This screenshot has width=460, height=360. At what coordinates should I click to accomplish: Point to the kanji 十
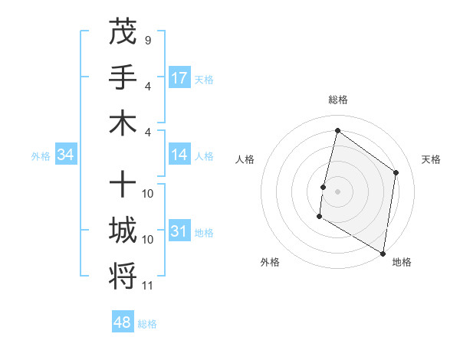coord(123,185)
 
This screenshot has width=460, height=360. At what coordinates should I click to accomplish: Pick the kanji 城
coord(123,231)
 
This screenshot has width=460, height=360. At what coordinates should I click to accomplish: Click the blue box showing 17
coord(179,78)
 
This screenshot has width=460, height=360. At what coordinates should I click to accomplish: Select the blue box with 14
coord(179,155)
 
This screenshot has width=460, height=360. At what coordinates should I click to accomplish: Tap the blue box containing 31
coord(179,231)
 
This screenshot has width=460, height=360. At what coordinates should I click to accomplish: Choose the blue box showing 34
coord(66,155)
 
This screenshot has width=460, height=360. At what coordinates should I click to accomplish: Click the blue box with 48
coord(123,322)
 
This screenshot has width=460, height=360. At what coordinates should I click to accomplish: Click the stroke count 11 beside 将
coord(148,286)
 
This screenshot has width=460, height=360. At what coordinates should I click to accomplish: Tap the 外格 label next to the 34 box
coord(41,155)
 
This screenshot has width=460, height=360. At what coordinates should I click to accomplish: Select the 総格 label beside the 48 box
coord(147,324)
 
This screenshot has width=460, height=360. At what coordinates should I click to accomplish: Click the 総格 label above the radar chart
coord(337,100)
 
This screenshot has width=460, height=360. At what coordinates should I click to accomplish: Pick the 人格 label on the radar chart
coord(245,159)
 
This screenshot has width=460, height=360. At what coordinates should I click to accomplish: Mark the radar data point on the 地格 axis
coord(383,253)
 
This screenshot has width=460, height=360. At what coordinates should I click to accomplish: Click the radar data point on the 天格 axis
coord(396,172)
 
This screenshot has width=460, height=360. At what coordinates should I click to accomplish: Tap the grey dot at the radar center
coord(337,191)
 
